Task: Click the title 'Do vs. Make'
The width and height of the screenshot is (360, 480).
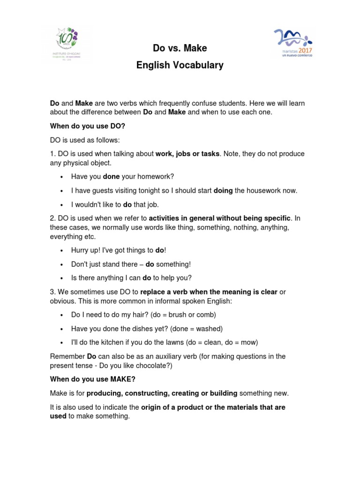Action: click(180, 48)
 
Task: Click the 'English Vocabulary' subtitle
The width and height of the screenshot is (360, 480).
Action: click(180, 65)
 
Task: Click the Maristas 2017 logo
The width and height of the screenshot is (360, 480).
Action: click(293, 43)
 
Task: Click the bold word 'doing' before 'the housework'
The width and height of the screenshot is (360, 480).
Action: click(223, 190)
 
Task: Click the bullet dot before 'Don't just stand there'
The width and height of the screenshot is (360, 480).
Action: click(62, 264)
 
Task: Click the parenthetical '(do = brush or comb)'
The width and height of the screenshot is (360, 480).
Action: click(183, 315)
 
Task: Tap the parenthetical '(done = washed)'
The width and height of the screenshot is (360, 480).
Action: click(199, 328)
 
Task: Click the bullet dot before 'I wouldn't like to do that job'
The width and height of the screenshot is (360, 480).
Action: click(62, 204)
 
